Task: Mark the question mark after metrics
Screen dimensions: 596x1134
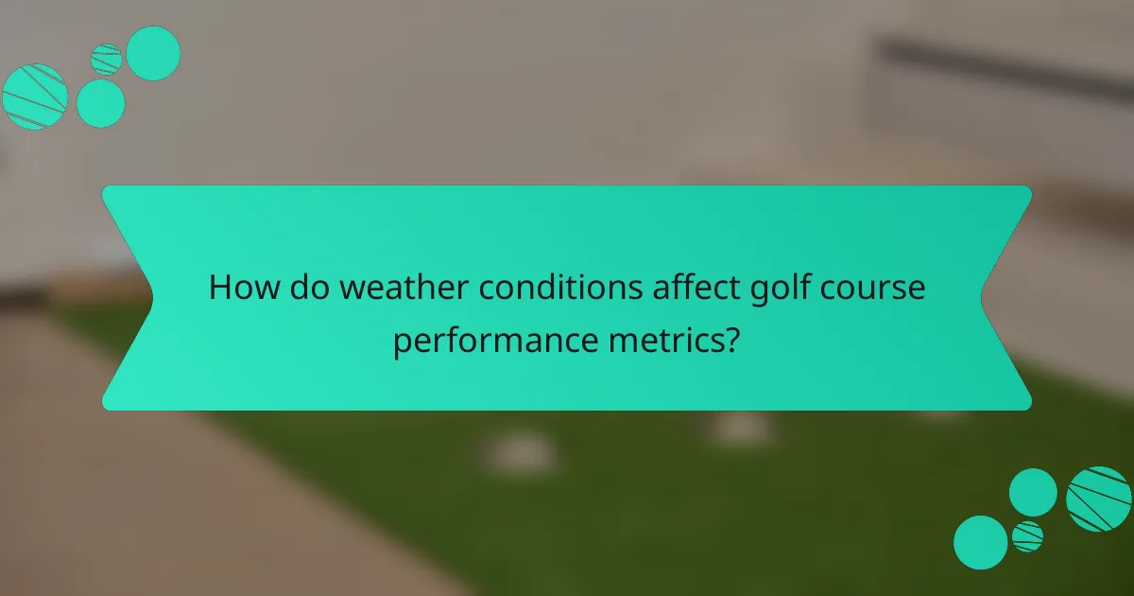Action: pos(730,339)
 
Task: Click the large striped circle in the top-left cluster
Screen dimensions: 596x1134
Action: pos(35,96)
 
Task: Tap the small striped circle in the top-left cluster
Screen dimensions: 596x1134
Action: pos(107,59)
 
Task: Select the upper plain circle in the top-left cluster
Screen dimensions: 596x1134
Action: pos(153,53)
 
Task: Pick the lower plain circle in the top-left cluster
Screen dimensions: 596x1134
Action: pos(100,103)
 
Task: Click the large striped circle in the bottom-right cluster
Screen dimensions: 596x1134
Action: pos(1099,499)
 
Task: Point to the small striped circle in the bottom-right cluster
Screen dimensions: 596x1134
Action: pos(1027,536)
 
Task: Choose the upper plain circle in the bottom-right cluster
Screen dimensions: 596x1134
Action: pos(1033,492)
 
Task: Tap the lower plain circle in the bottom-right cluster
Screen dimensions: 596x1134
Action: pos(981,542)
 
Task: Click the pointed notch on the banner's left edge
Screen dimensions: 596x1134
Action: pos(151,298)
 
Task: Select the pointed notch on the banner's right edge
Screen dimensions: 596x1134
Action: pos(983,298)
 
